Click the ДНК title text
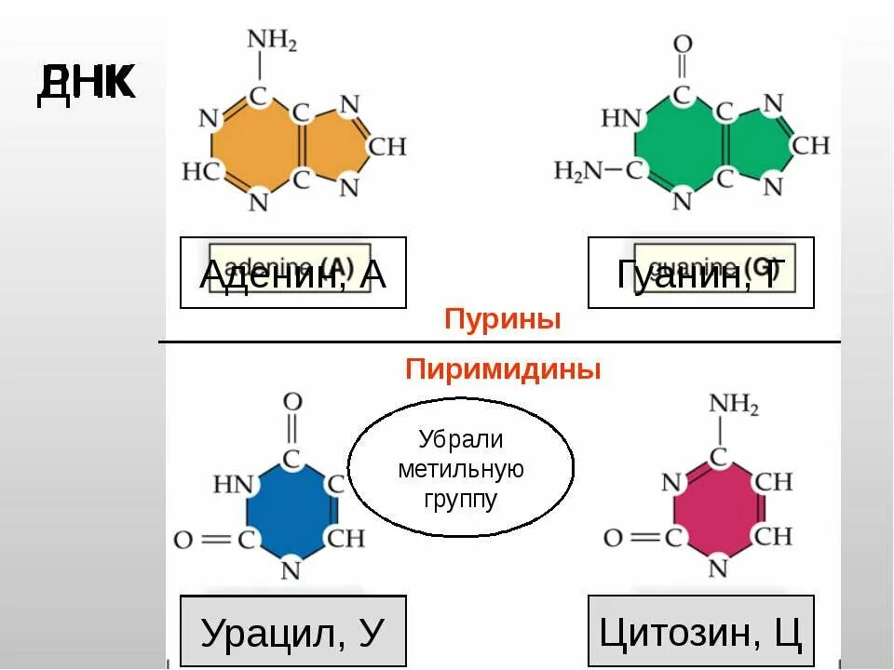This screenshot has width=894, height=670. click(87, 84)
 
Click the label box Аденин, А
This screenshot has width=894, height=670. click(292, 273)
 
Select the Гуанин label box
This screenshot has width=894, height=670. click(700, 273)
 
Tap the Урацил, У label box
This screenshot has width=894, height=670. click(292, 632)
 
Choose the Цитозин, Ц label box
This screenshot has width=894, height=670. click(700, 632)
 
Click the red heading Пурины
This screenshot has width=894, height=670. click(503, 320)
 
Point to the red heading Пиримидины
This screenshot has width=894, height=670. click(503, 369)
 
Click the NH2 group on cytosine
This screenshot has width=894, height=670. click(733, 405)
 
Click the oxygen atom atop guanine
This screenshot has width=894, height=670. click(683, 44)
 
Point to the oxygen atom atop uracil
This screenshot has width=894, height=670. click(292, 402)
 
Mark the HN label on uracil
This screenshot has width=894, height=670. click(232, 484)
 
